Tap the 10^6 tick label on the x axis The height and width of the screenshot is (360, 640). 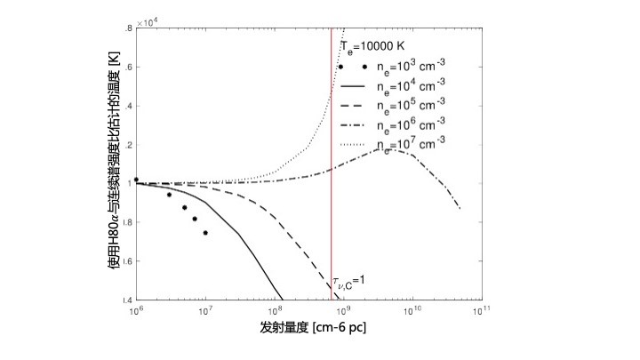click(x=136, y=312)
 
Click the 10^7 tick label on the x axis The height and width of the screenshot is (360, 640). click(x=204, y=312)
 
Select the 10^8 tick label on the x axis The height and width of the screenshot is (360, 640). click(x=274, y=312)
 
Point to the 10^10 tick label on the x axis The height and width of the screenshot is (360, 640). click(x=412, y=312)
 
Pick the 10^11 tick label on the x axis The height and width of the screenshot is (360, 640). click(x=480, y=312)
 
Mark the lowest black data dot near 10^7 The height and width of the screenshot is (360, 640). click(x=205, y=233)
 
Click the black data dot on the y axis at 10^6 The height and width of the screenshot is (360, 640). click(x=136, y=179)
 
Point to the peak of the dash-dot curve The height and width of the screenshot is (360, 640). click(x=384, y=149)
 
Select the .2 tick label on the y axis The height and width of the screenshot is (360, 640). click(x=130, y=145)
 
